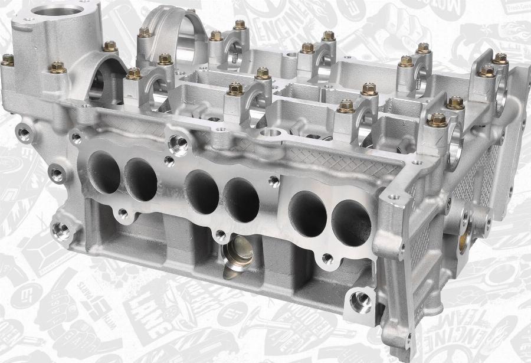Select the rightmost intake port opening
click(351, 223)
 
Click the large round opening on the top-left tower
click(58, 11)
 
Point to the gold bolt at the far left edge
click(7, 59)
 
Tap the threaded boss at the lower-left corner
click(60, 230)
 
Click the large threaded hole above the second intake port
click(178, 142)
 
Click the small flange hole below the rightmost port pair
click(327, 259)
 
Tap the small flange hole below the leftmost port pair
click(122, 213)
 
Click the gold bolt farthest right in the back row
click(500, 58)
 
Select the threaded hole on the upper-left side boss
click(24, 133)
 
